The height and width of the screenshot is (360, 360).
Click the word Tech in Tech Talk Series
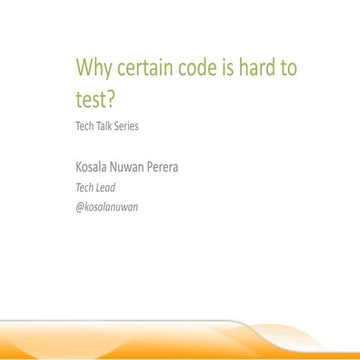(85, 126)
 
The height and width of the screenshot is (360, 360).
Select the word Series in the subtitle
(126, 126)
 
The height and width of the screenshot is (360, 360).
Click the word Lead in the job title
(106, 187)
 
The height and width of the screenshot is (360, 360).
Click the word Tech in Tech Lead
(85, 187)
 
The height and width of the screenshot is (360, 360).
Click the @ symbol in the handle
(80, 206)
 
